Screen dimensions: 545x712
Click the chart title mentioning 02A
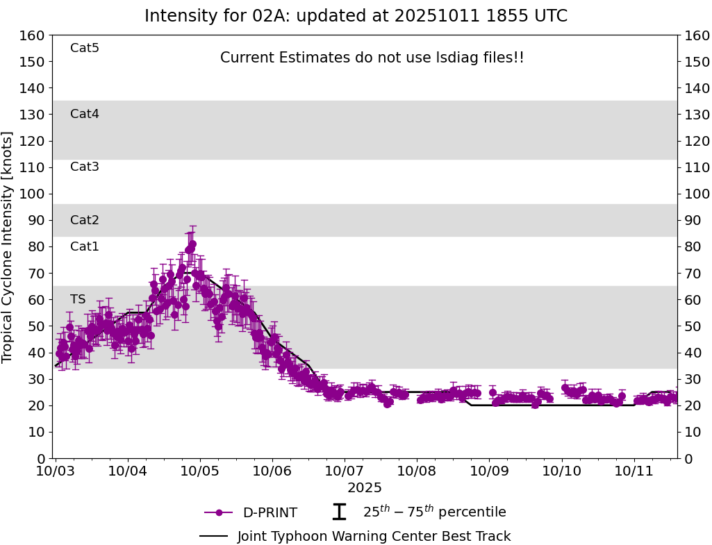click(x=356, y=16)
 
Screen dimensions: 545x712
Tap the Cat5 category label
click(x=85, y=48)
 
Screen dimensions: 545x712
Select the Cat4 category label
click(x=85, y=114)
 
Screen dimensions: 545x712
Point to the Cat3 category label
click(x=85, y=167)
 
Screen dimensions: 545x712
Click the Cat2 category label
click(x=85, y=220)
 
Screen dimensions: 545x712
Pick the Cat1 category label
click(x=85, y=246)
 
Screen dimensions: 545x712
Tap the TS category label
click(x=78, y=299)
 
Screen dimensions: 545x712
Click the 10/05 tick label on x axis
click(x=200, y=472)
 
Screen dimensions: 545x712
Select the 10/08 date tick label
click(x=417, y=472)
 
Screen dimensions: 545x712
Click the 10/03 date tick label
click(x=56, y=472)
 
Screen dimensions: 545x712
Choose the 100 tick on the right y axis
click(x=697, y=194)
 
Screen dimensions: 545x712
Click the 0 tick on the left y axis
click(x=40, y=458)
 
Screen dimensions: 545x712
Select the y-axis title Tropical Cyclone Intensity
click(x=8, y=246)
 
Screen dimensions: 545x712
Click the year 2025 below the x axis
click(x=365, y=488)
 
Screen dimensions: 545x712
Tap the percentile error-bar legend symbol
click(x=339, y=512)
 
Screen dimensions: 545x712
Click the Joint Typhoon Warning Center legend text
click(x=374, y=536)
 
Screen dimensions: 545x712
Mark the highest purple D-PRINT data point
click(x=192, y=244)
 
